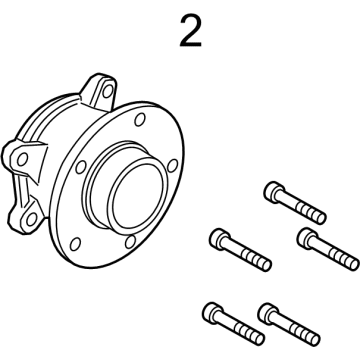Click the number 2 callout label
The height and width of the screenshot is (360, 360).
point(190,31)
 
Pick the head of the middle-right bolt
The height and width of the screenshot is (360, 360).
point(305,237)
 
